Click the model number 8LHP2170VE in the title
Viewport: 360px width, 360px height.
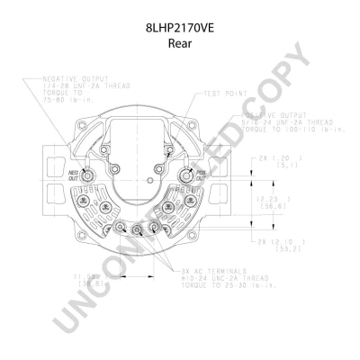pyautogui.click(x=179, y=28)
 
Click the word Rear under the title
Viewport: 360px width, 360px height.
pyautogui.click(x=179, y=41)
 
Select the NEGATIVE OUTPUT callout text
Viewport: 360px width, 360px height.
pyautogui.click(x=71, y=79)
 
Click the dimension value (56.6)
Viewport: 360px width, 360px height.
pyautogui.click(x=269, y=204)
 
